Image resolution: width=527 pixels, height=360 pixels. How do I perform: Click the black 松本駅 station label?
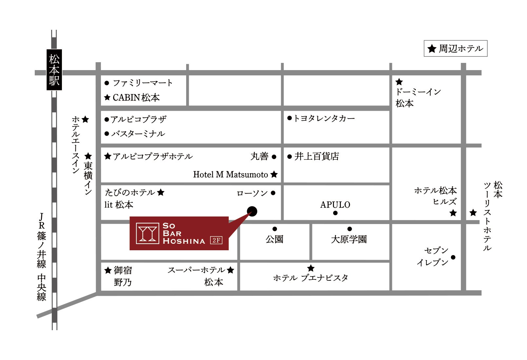tap(54, 70)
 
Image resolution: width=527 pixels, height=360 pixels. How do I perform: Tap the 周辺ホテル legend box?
tap(455, 48)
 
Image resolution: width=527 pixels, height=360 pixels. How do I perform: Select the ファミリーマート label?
tap(142, 83)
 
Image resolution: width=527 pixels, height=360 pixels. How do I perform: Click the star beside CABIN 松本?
tap(107, 98)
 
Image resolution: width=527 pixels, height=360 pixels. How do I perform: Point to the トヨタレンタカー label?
tap(324, 118)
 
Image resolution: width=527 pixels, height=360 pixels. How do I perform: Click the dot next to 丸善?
tap(274, 157)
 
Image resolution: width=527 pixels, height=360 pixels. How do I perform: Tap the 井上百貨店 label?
tap(316, 156)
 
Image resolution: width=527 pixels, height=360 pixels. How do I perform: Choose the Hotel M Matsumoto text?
tap(230, 175)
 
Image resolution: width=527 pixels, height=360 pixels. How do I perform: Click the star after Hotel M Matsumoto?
tap(274, 175)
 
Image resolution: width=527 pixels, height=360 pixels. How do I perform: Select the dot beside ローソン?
tap(273, 193)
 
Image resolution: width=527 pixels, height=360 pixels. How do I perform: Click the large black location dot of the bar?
tap(252, 211)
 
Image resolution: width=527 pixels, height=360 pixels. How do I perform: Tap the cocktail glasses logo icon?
tap(147, 233)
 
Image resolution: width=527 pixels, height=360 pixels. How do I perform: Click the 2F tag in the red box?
tap(216, 240)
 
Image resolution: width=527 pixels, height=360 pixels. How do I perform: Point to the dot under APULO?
tap(335, 213)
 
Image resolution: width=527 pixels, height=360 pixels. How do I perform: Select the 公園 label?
tap(274, 239)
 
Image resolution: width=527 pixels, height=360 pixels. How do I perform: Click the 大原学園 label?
tap(349, 239)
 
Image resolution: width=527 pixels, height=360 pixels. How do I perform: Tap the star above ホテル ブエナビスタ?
tap(311, 268)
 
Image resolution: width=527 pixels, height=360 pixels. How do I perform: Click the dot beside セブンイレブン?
tap(453, 257)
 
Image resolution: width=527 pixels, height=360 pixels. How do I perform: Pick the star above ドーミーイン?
tap(399, 82)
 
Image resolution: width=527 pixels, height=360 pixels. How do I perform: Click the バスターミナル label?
tap(138, 134)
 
